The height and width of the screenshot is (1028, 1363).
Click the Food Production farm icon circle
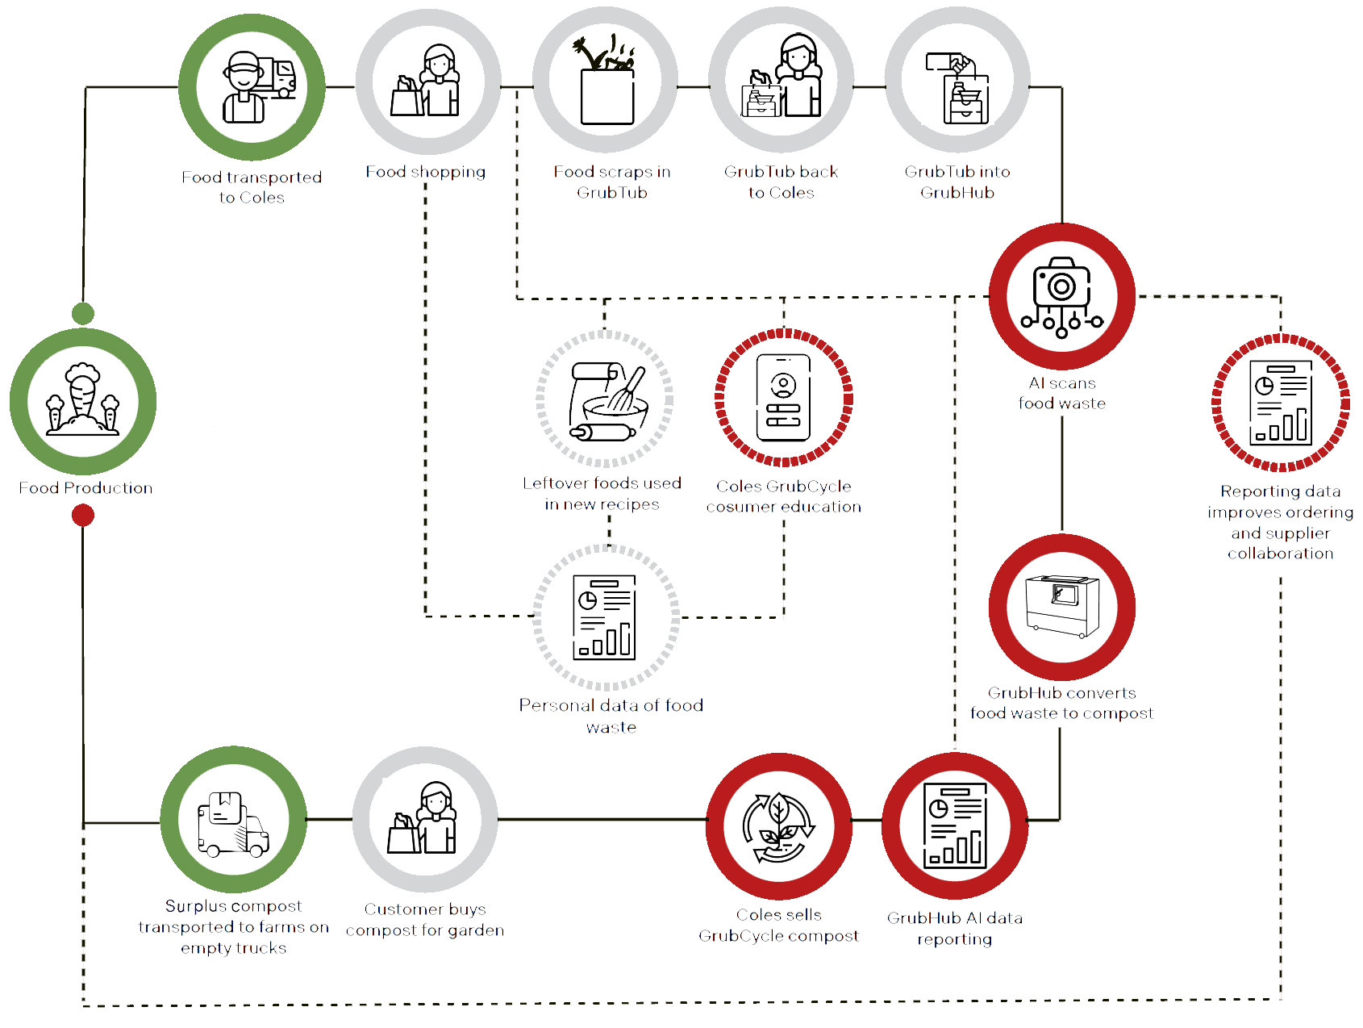click(x=82, y=401)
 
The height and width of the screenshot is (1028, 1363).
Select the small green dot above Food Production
click(x=82, y=312)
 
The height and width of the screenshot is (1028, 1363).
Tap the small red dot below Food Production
click(x=82, y=515)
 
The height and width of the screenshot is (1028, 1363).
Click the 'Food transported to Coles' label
click(x=252, y=187)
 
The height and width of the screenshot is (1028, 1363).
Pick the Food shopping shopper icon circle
click(x=427, y=81)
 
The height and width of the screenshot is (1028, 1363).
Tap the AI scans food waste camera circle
click(x=1062, y=296)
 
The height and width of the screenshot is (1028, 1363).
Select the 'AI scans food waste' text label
click(x=1062, y=393)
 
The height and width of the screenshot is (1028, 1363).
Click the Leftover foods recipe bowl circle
click(x=605, y=399)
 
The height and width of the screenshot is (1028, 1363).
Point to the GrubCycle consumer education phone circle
click(x=783, y=398)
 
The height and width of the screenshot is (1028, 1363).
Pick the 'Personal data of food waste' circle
click(x=606, y=617)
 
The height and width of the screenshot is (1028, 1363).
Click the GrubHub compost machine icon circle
click(x=1062, y=607)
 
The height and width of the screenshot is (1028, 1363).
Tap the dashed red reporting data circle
click(x=1281, y=403)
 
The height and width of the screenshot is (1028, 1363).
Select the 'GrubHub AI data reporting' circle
click(x=955, y=826)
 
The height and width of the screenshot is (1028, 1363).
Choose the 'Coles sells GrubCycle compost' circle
click(x=779, y=826)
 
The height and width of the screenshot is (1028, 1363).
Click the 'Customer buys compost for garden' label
click(x=425, y=920)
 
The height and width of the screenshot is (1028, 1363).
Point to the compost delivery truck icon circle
click(x=234, y=821)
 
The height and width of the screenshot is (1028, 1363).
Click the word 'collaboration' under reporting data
click(x=1281, y=554)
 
